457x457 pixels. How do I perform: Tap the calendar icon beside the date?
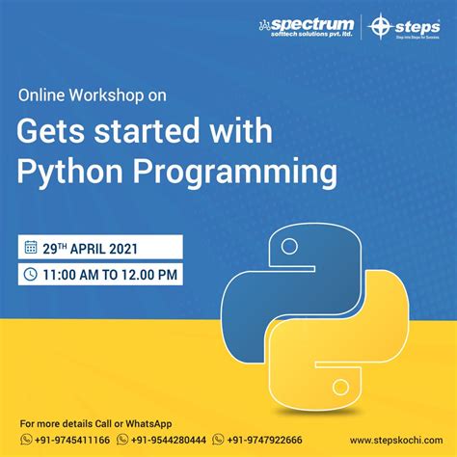pos(31,247)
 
